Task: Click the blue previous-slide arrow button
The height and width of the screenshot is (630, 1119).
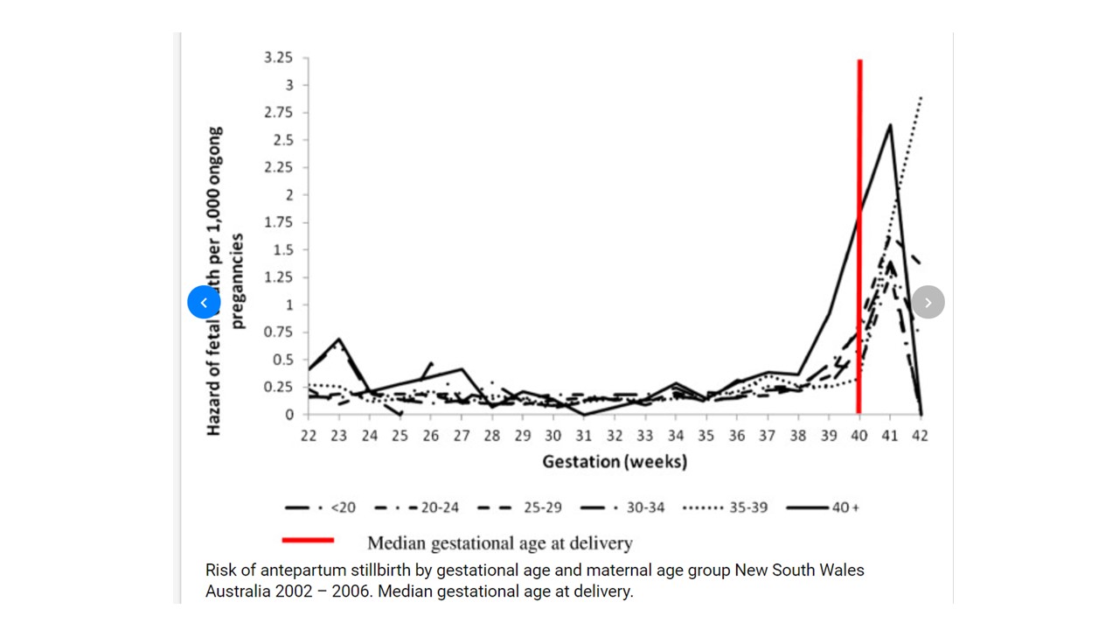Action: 204,303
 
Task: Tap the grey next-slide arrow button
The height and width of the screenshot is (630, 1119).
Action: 928,303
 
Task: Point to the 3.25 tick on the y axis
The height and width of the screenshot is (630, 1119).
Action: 279,58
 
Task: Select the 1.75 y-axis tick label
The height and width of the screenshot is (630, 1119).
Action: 279,222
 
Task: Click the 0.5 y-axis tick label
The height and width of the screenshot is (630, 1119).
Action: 282,360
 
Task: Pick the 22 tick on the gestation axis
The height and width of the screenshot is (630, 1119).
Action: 308,436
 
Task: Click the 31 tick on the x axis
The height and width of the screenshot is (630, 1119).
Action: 583,436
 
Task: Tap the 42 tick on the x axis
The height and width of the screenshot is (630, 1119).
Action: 920,436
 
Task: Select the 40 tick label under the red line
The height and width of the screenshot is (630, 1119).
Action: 858,436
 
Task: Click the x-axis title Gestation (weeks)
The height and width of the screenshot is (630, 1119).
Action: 615,461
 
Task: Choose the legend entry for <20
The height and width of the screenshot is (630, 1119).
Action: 320,507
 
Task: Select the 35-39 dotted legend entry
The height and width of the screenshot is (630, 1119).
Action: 726,507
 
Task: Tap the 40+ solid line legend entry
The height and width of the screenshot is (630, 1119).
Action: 822,507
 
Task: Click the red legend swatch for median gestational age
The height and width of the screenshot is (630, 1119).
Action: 308,540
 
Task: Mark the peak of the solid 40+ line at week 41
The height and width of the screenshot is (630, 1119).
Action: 890,124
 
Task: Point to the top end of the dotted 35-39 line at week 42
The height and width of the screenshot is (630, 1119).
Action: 921,97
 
